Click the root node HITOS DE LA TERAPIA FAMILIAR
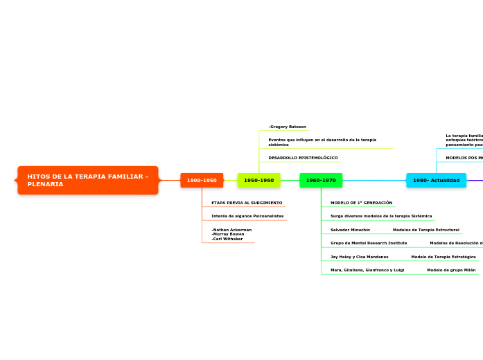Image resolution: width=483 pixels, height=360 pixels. coord(88,180)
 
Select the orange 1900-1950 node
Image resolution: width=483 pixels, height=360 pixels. coord(202,180)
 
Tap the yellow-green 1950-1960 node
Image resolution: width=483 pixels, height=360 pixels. coord(258,180)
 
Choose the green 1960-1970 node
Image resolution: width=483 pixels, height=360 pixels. coord(321,180)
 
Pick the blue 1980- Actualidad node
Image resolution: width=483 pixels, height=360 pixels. coord(436,180)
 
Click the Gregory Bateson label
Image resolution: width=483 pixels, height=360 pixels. coord(288,127)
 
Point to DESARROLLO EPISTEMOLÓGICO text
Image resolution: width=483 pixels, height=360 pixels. coord(303,158)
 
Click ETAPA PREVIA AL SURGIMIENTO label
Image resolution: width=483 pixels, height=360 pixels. coord(247,203)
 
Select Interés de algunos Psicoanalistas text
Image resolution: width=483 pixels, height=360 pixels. coord(247,216)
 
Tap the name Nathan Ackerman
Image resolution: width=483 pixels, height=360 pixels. coord(231,229)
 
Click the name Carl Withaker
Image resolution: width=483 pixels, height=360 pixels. coord(227,239)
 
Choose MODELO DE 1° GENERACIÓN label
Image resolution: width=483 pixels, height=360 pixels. coord(361,203)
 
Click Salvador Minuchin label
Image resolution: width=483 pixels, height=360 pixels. coord(350,229)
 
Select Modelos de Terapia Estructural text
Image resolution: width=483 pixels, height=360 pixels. coord(425,229)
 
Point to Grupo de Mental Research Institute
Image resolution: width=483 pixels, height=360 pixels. coord(369,243)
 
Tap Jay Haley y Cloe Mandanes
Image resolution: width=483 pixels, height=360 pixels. coord(359,256)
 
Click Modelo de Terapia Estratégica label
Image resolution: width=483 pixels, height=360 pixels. coord(443,256)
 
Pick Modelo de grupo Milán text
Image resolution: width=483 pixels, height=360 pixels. coord(451,269)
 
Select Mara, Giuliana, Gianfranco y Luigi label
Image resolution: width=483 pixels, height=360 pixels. coord(367,269)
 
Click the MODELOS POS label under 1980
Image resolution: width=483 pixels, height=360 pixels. coord(464,158)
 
